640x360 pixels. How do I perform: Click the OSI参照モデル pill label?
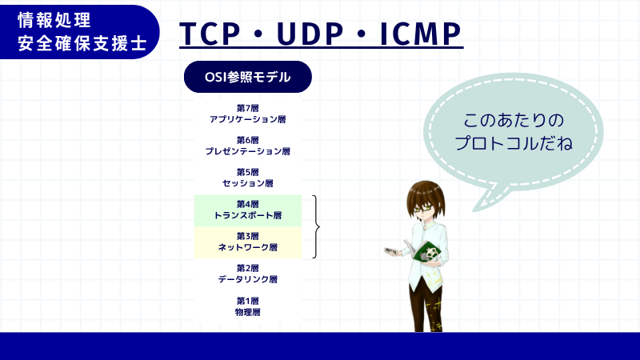pos(247,78)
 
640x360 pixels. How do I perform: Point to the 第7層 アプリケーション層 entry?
pos(247,113)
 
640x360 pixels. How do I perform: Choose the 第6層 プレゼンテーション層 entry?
pos(247,145)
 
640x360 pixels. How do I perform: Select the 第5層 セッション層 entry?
pos(247,178)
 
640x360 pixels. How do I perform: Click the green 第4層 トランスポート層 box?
pos(247,210)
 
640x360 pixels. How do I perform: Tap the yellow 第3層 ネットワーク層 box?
pos(247,242)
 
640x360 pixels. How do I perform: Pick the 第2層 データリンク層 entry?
pos(247,274)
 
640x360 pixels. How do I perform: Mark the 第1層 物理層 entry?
pos(247,306)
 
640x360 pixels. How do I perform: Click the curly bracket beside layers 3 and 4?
pos(318,227)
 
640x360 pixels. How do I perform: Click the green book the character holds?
pos(429,254)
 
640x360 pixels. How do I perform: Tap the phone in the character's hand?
pos(391,251)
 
